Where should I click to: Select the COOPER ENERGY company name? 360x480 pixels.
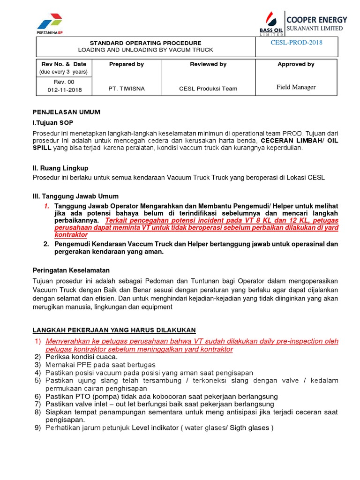pos(316,20)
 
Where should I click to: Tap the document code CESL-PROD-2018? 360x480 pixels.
pos(296,43)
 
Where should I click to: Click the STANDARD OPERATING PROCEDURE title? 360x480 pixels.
pos(145,43)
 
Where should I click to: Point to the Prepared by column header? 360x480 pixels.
pos(126,64)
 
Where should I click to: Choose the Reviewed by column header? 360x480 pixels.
pos(208,64)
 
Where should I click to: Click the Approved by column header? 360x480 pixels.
pos(296,64)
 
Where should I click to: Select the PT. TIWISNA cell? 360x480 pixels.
pos(126,88)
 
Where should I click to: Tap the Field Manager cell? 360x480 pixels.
pos(296,87)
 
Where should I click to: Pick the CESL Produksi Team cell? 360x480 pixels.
pos(208,88)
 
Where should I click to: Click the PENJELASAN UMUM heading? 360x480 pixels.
pos(66,112)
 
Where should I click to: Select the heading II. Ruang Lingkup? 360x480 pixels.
pos(60,168)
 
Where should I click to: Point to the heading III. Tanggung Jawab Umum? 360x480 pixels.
pos(75,196)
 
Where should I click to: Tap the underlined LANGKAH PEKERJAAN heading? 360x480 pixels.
pos(114,330)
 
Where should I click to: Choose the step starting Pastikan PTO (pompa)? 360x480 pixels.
pos(162,396)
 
